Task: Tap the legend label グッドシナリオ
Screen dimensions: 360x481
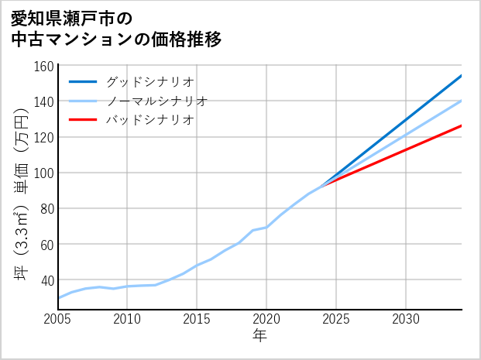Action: point(150,81)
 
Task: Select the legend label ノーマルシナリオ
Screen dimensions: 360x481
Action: point(157,101)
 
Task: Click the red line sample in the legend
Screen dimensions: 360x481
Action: point(84,120)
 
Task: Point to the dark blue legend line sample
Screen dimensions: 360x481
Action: point(84,81)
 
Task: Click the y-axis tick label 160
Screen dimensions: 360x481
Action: point(44,66)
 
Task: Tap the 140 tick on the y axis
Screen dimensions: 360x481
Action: point(44,101)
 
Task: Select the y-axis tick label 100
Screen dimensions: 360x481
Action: point(44,173)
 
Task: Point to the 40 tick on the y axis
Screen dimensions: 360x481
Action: point(47,279)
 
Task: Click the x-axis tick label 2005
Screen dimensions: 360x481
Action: point(58,319)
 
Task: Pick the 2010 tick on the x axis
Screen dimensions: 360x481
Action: point(128,319)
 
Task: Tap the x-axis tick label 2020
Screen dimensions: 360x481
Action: point(266,319)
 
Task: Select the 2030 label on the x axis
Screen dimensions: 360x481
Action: point(406,319)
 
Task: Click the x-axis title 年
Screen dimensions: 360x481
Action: point(260,336)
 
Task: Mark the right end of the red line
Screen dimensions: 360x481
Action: point(461,125)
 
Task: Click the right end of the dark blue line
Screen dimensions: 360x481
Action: point(461,76)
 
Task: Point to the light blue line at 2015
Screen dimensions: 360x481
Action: point(197,266)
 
